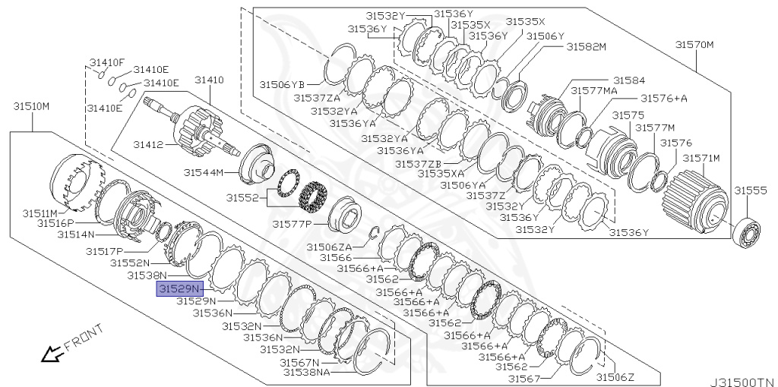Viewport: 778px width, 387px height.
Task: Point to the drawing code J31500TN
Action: tap(742, 382)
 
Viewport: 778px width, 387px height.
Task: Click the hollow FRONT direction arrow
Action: tap(52, 353)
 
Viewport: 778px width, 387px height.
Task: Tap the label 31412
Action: tap(148, 144)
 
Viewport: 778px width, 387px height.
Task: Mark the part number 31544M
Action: tap(203, 173)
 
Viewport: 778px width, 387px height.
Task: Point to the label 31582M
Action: tap(585, 47)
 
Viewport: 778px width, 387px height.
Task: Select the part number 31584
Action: tap(629, 80)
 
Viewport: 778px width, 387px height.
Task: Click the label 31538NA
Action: tap(306, 373)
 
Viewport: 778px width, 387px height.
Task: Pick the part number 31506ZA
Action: tap(329, 247)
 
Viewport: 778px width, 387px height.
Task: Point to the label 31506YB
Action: tap(282, 84)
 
